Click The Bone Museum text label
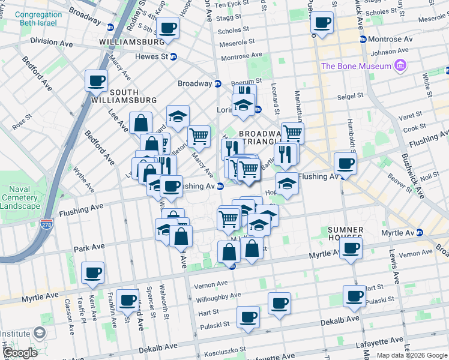point(356,66)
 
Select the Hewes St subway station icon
point(173,56)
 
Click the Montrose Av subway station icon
point(363,39)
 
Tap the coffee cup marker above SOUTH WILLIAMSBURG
point(96,80)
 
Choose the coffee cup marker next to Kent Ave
point(93,273)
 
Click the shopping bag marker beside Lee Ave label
point(140,124)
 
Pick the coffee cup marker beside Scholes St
point(322,23)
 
